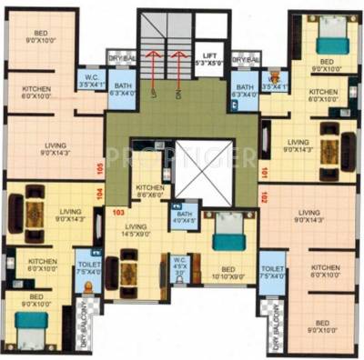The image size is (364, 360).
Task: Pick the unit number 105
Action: [x=100, y=168]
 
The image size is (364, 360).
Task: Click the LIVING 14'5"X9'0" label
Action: [x=136, y=230]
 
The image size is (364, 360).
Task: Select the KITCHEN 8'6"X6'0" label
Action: [x=151, y=193]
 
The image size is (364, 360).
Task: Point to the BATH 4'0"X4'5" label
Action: [x=184, y=215]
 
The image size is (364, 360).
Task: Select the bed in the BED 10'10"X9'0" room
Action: [x=225, y=235]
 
